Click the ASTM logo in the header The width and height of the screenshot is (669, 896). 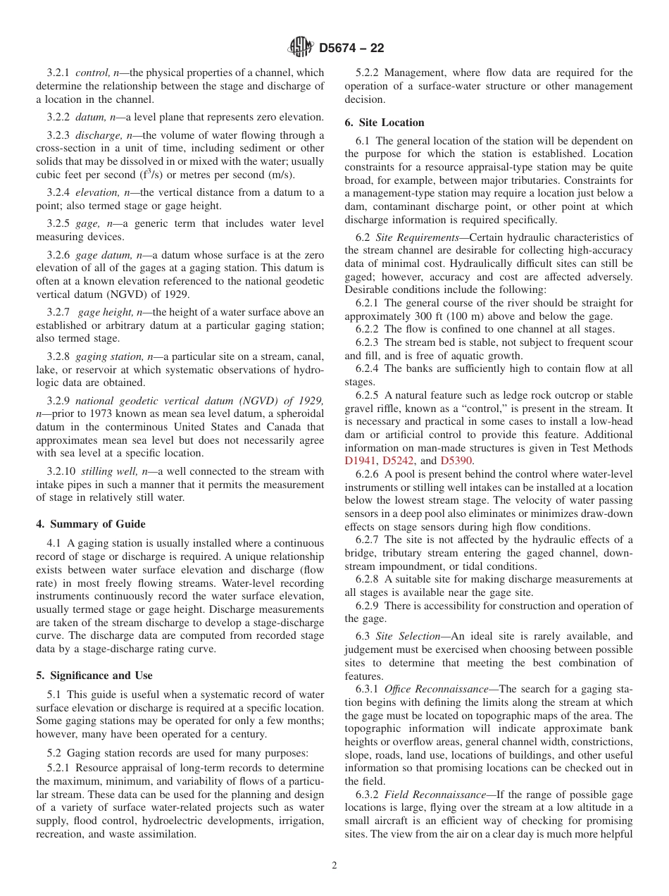[301, 48]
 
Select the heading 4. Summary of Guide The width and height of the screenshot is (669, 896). [91, 523]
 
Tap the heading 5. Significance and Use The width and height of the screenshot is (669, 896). [94, 675]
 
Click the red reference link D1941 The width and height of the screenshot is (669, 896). [361, 461]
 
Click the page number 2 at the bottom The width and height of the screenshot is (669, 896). [334, 865]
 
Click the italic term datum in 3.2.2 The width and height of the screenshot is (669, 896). [89, 117]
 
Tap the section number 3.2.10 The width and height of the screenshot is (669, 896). [61, 471]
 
